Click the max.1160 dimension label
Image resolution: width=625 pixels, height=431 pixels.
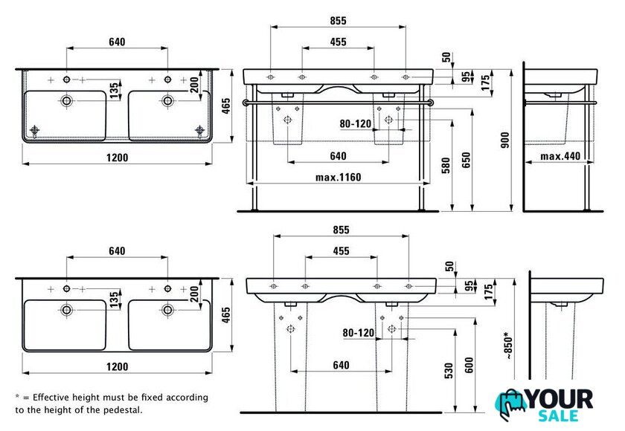[338, 177]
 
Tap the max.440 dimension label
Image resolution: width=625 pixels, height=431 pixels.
[560, 156]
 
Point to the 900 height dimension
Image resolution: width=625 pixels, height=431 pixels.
[505, 140]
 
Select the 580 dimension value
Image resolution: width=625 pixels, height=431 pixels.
[446, 166]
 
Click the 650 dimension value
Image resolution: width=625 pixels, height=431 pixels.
[466, 160]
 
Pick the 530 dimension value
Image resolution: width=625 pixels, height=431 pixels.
[449, 371]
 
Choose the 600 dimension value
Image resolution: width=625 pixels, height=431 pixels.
[469, 365]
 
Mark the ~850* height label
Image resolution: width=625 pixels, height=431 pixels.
[510, 346]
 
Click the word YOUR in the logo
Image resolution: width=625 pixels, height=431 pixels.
[560, 399]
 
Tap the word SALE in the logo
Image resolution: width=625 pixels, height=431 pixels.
[558, 416]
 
